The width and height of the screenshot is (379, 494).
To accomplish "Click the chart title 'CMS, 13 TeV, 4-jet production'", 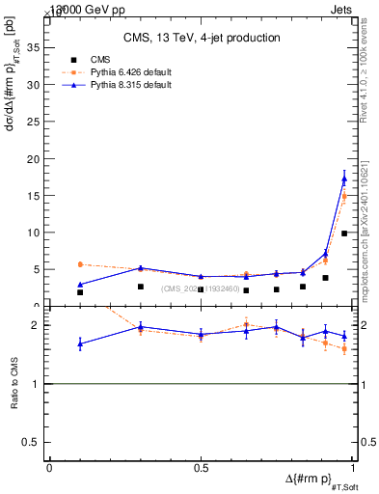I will click(x=202, y=38).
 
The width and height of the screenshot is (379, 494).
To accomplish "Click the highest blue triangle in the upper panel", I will click(x=344, y=178).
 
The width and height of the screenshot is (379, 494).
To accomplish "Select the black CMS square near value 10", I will click(x=344, y=233).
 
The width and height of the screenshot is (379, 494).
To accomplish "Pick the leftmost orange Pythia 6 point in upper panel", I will click(x=80, y=264).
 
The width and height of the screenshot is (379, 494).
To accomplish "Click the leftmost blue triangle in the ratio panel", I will click(x=80, y=343).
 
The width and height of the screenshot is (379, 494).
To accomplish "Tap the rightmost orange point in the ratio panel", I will click(x=344, y=348).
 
